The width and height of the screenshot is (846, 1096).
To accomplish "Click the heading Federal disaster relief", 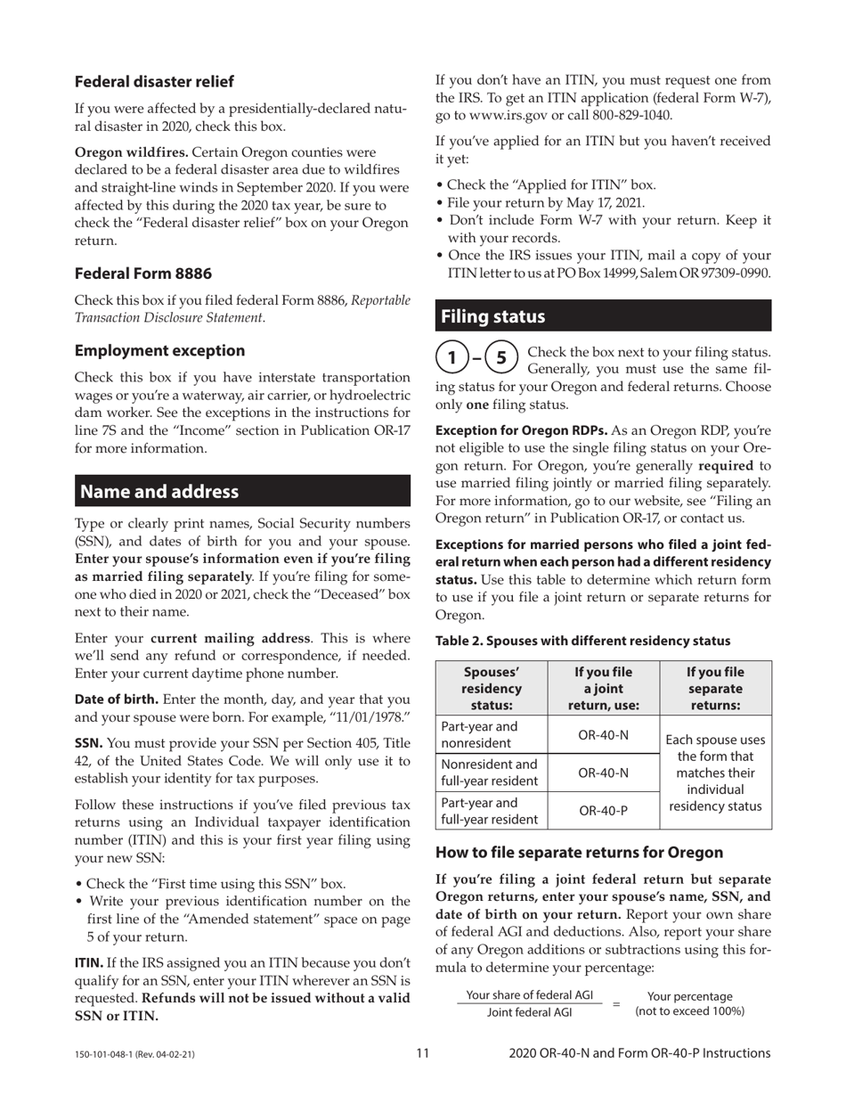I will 154,82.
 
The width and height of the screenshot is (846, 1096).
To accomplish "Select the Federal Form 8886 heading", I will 143,273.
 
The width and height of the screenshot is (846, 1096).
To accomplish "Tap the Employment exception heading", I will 159,351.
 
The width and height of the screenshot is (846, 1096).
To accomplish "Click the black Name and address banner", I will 242,491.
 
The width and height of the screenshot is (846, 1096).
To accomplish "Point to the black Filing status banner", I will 603,316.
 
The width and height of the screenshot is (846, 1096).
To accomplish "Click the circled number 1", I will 452,358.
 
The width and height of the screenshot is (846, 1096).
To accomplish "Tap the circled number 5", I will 501,358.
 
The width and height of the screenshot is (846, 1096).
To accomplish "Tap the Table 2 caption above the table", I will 582,641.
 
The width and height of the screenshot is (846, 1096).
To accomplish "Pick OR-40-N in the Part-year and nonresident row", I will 604,734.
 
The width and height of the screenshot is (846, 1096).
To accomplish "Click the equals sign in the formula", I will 615,1003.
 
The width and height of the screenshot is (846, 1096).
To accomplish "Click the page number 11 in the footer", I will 422,1054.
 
